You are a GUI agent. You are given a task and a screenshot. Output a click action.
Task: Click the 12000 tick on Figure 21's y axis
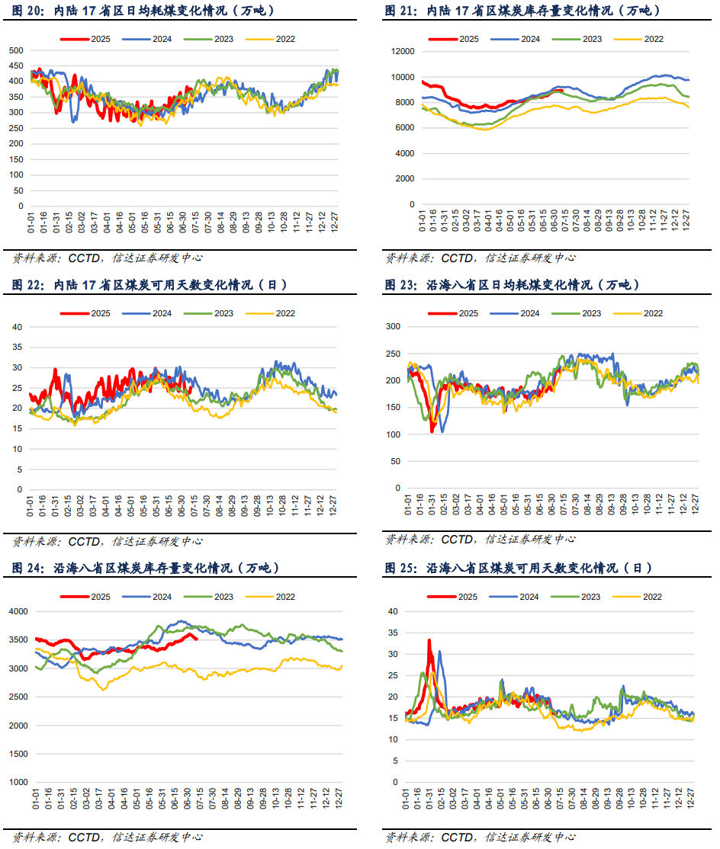(x=402, y=51)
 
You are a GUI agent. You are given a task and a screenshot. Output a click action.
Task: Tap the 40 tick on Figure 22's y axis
(x=17, y=327)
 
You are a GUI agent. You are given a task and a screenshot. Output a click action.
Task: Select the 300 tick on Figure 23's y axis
(x=393, y=327)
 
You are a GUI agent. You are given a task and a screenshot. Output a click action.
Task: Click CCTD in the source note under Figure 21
(x=457, y=258)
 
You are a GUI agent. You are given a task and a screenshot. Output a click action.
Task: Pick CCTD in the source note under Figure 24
(x=84, y=836)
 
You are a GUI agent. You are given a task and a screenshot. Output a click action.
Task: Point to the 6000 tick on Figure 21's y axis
(x=404, y=127)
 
